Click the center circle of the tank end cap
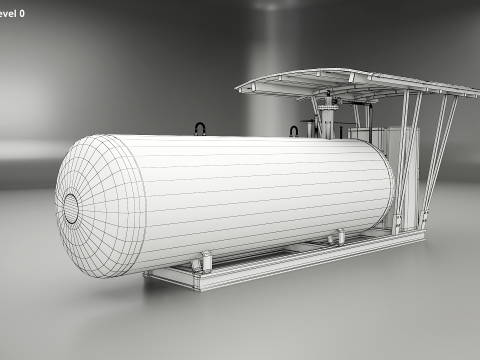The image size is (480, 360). [x=72, y=208]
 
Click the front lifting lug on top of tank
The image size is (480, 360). [x=200, y=129]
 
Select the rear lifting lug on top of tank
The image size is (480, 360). [x=295, y=130]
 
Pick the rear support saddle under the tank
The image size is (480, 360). [x=338, y=237]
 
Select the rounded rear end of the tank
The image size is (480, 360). [x=385, y=185]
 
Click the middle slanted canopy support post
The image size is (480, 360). [x=412, y=150]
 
